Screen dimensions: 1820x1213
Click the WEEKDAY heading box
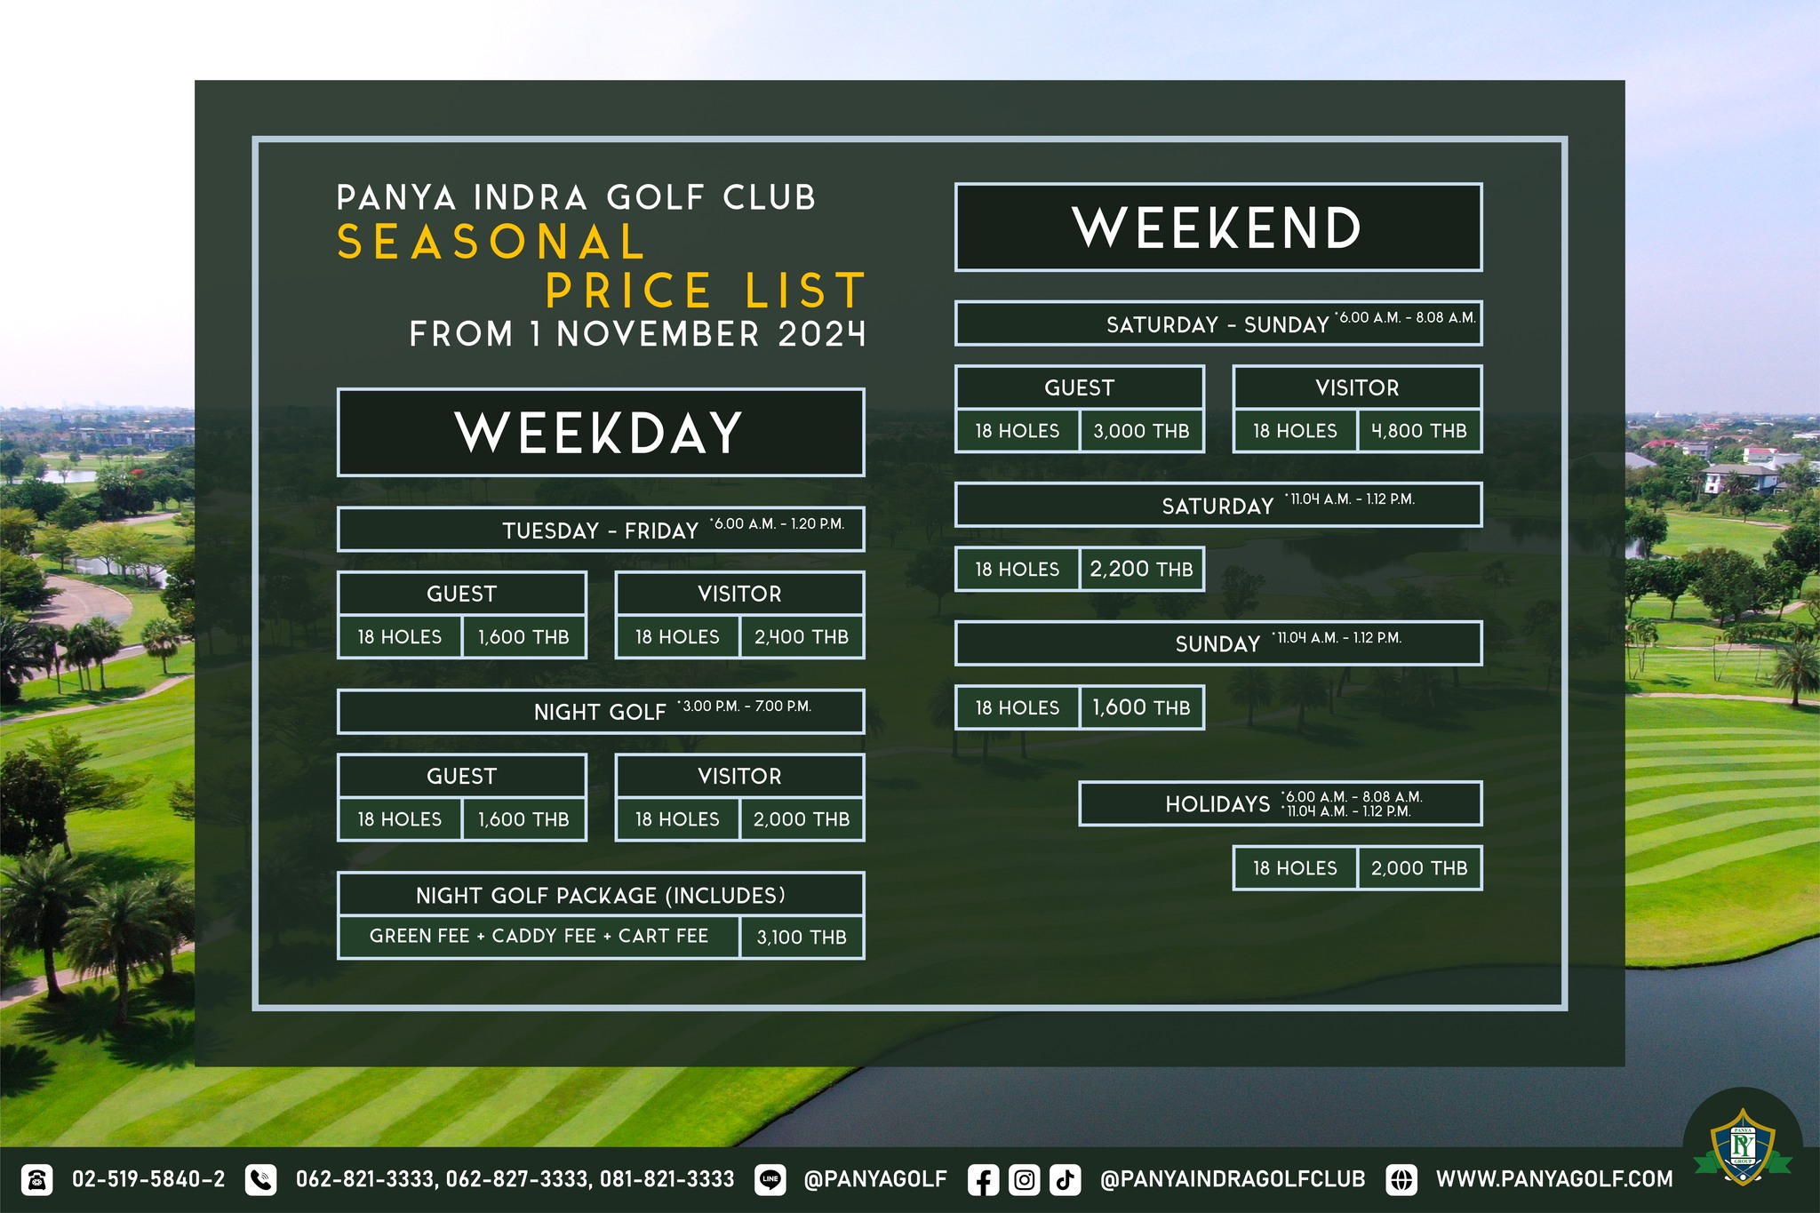(601, 433)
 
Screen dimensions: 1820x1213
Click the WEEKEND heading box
(1218, 227)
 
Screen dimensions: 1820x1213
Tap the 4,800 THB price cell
(1419, 431)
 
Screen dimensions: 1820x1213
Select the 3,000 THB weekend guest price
(1142, 431)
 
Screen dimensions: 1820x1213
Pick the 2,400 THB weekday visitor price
(802, 637)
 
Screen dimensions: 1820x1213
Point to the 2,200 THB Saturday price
(1142, 569)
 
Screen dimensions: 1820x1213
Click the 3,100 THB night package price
(802, 937)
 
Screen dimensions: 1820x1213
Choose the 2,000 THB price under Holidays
(1419, 868)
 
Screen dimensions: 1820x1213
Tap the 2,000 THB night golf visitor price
(802, 819)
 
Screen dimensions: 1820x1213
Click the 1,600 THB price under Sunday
(1142, 707)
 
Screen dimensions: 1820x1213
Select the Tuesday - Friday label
(601, 531)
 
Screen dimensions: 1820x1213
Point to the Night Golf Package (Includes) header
(601, 895)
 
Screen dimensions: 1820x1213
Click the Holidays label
(1217, 804)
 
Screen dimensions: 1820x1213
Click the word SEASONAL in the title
(491, 242)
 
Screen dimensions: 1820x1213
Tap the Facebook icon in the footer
(983, 1180)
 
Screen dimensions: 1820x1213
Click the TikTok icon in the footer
(1065, 1180)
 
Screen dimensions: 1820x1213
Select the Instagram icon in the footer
(1024, 1180)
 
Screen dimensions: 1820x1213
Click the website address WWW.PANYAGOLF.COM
(1554, 1179)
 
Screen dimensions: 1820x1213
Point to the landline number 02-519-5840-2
(148, 1179)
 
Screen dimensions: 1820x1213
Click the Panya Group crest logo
(1742, 1146)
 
